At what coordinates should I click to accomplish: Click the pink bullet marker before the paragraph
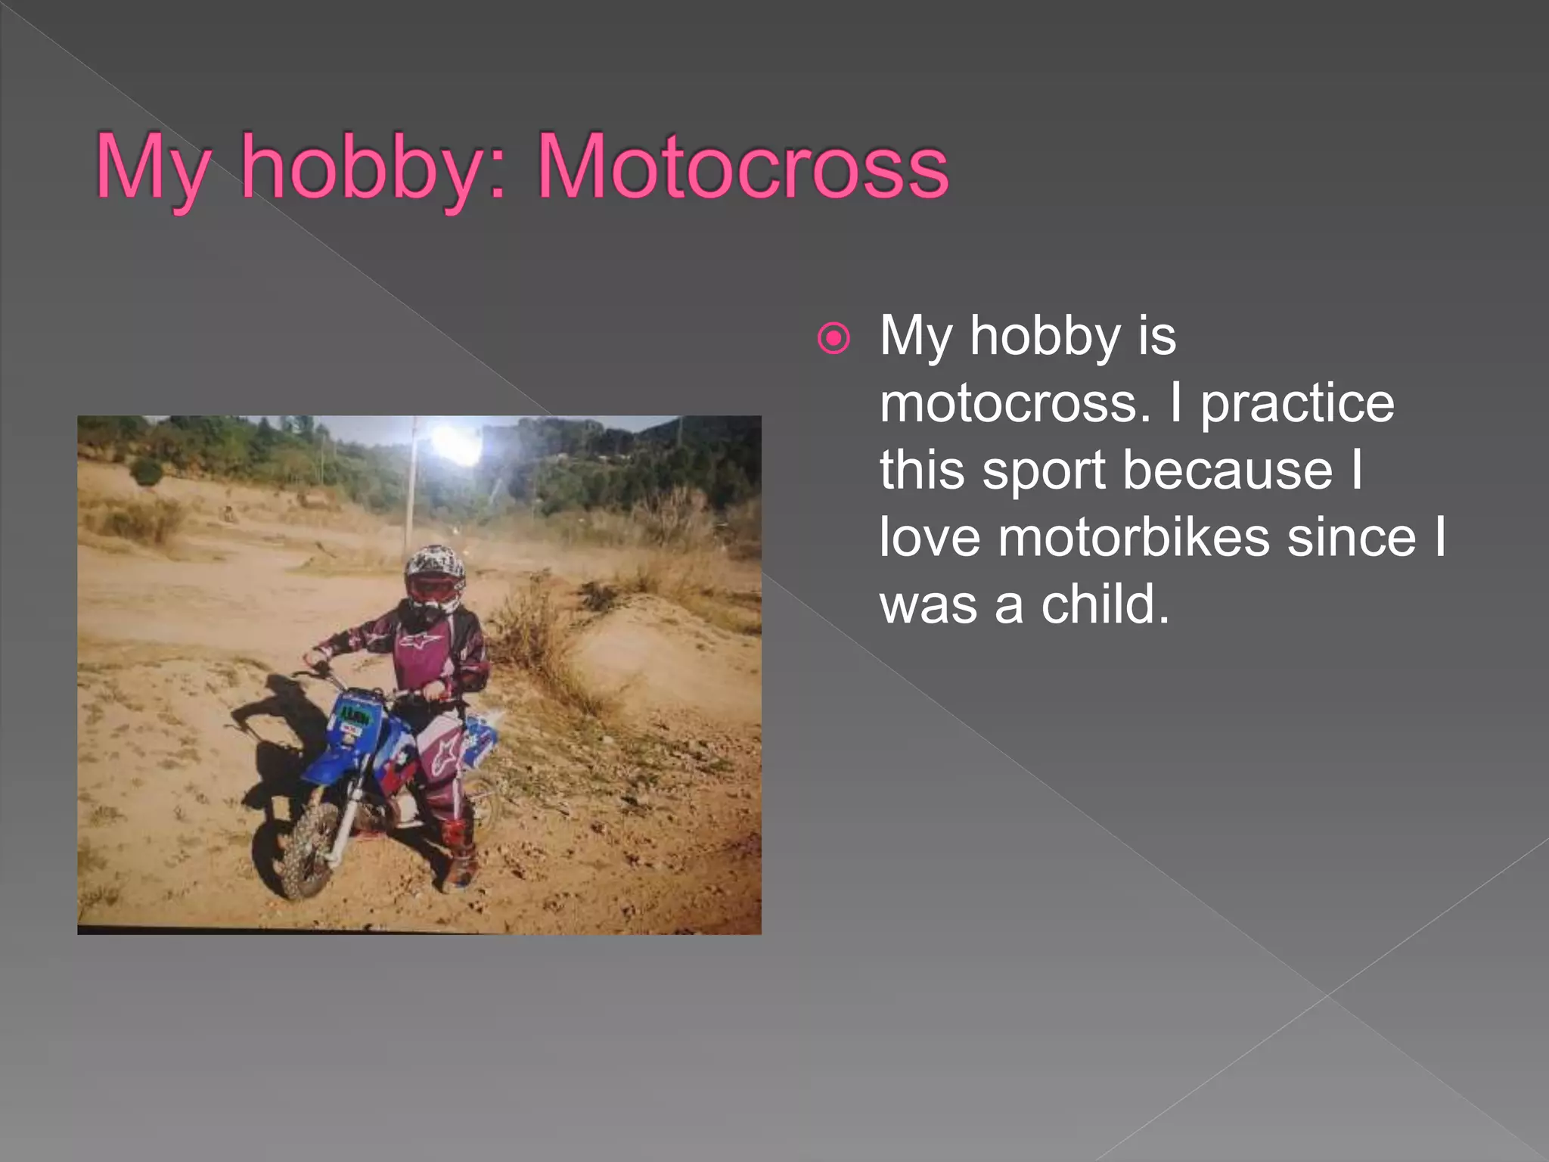point(833,338)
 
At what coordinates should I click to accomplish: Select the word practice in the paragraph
point(1298,403)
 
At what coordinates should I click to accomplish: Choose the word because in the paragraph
point(1227,471)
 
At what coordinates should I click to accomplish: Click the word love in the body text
point(930,538)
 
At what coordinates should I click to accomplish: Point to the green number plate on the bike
point(353,713)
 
